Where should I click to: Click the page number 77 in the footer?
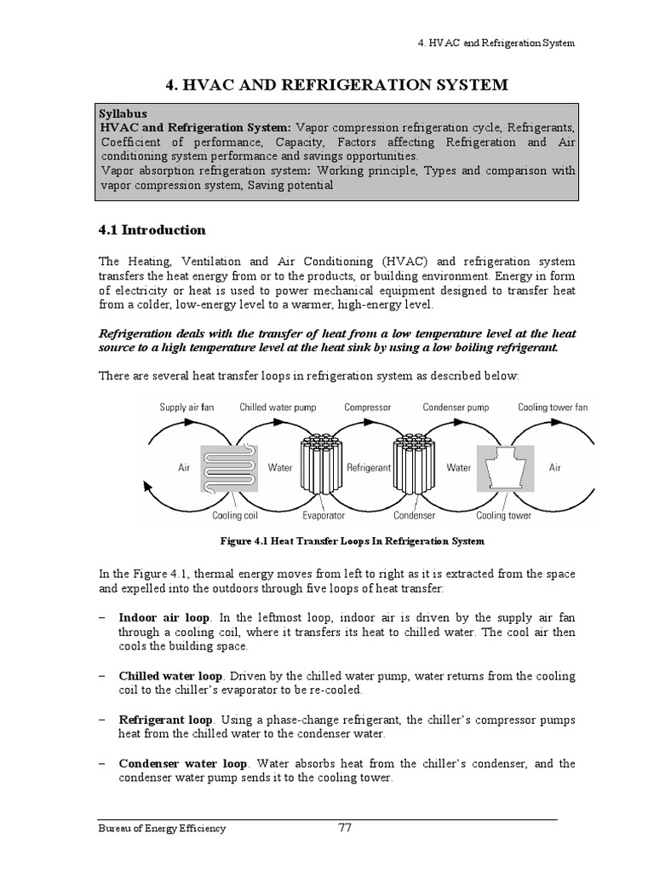pyautogui.click(x=345, y=827)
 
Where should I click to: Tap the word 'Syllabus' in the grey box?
pyautogui.click(x=123, y=113)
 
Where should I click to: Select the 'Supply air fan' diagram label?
pyautogui.click(x=187, y=408)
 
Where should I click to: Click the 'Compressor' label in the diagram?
pyautogui.click(x=367, y=408)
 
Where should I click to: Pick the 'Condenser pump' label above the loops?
pyautogui.click(x=458, y=408)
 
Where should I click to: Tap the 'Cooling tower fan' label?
pyautogui.click(x=553, y=408)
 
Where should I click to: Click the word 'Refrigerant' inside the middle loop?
pyautogui.click(x=368, y=467)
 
